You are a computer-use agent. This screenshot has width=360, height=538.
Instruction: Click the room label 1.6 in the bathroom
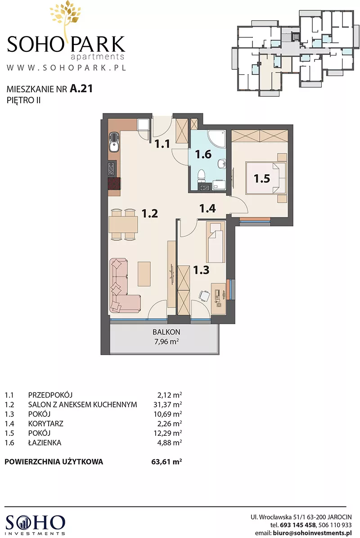pos(203,154)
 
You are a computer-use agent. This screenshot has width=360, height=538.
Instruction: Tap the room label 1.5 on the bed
pos(262,178)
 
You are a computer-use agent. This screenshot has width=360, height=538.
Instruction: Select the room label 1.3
pos(201,270)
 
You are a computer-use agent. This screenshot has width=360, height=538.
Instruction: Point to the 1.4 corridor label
pos(207,208)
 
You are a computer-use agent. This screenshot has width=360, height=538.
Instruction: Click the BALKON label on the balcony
pos(166,332)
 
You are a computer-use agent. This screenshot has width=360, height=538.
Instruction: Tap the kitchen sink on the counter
pos(113,143)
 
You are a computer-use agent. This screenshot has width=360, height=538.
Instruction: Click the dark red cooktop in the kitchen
pos(114,184)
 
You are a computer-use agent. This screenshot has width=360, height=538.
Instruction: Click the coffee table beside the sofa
pos(144,273)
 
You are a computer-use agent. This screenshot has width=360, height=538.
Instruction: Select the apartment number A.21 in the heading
pos(81,89)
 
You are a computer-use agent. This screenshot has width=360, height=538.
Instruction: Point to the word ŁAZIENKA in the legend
pos(45,443)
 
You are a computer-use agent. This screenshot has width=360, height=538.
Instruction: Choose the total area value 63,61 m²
pos(166,461)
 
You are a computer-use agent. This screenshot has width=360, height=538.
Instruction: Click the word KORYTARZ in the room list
pos(45,424)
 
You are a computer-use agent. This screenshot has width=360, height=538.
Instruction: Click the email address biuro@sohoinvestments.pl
pos(312,533)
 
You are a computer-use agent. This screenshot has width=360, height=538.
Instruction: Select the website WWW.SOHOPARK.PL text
pos(66,67)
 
